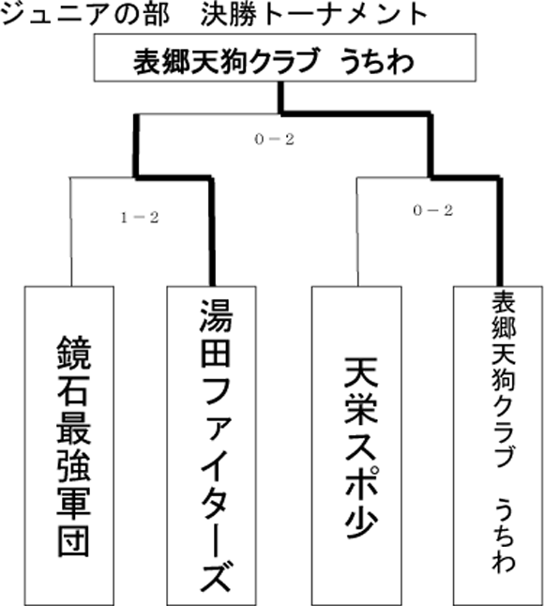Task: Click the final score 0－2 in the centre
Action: [274, 140]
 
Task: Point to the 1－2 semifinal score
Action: [140, 219]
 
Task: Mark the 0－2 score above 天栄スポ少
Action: [432, 211]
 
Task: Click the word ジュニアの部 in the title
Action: [85, 15]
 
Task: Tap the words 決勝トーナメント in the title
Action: [314, 15]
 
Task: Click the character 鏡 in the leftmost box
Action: [74, 352]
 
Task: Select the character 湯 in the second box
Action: [216, 316]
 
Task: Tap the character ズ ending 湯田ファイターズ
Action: [216, 577]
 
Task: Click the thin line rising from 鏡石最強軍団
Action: [70, 232]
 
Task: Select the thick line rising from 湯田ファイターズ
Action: [212, 232]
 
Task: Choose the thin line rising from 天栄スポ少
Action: [357, 232]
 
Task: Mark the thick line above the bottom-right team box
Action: [500, 232]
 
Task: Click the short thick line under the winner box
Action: [280, 98]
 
